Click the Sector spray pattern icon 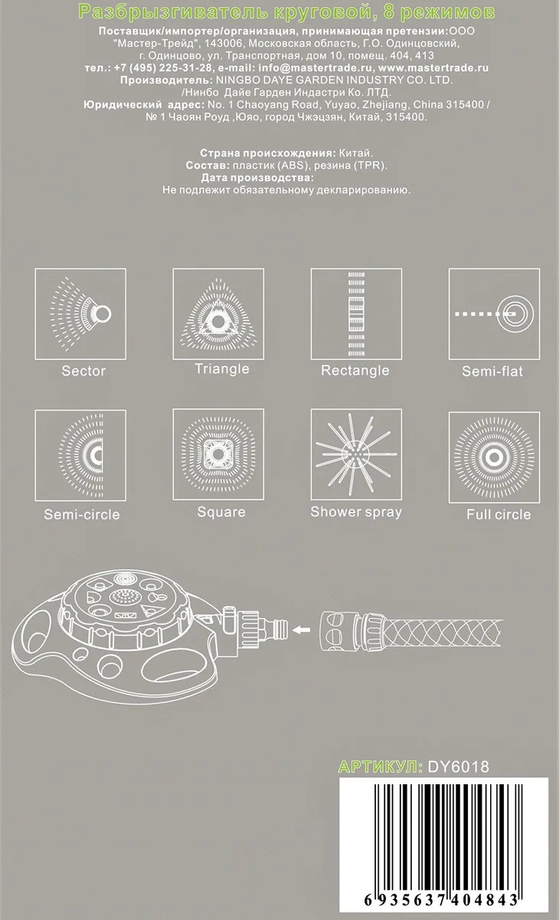(80, 314)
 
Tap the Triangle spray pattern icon (218, 314)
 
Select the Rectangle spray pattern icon (356, 314)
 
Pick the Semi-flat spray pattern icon (494, 314)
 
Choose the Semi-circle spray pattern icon (80, 455)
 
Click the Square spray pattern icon (218, 454)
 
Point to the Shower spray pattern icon (356, 454)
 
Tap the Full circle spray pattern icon (494, 458)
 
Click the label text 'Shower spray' (356, 512)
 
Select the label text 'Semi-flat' (492, 371)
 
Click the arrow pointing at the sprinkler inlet (301, 629)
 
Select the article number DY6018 (459, 767)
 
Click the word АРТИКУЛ (380, 767)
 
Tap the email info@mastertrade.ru (315, 67)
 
